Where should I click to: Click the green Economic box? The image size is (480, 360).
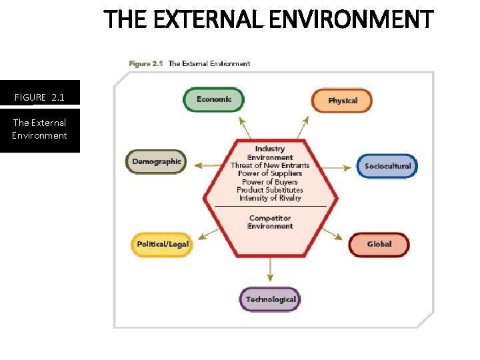pyautogui.click(x=214, y=100)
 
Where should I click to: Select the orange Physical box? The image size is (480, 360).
pyautogui.click(x=342, y=101)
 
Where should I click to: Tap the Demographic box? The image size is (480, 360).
pyautogui.click(x=156, y=162)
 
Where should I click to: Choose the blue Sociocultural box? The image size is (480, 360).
pyautogui.click(x=387, y=166)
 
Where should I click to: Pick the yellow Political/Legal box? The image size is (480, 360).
pyautogui.click(x=163, y=244)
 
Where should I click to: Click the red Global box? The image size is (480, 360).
pyautogui.click(x=379, y=245)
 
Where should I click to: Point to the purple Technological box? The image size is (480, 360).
pyautogui.click(x=270, y=299)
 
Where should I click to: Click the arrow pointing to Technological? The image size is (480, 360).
pyautogui.click(x=270, y=269)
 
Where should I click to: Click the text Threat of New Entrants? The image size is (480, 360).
pyautogui.click(x=270, y=165)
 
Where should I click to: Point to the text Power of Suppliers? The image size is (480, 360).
pyautogui.click(x=270, y=173)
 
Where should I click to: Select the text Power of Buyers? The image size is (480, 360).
pyautogui.click(x=270, y=181)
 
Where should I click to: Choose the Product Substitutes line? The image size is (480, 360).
pyautogui.click(x=270, y=189)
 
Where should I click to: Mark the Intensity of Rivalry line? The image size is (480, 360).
pyautogui.click(x=270, y=197)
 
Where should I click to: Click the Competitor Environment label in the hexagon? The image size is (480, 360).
pyautogui.click(x=270, y=222)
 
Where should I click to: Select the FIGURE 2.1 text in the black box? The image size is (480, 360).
pyautogui.click(x=39, y=97)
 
